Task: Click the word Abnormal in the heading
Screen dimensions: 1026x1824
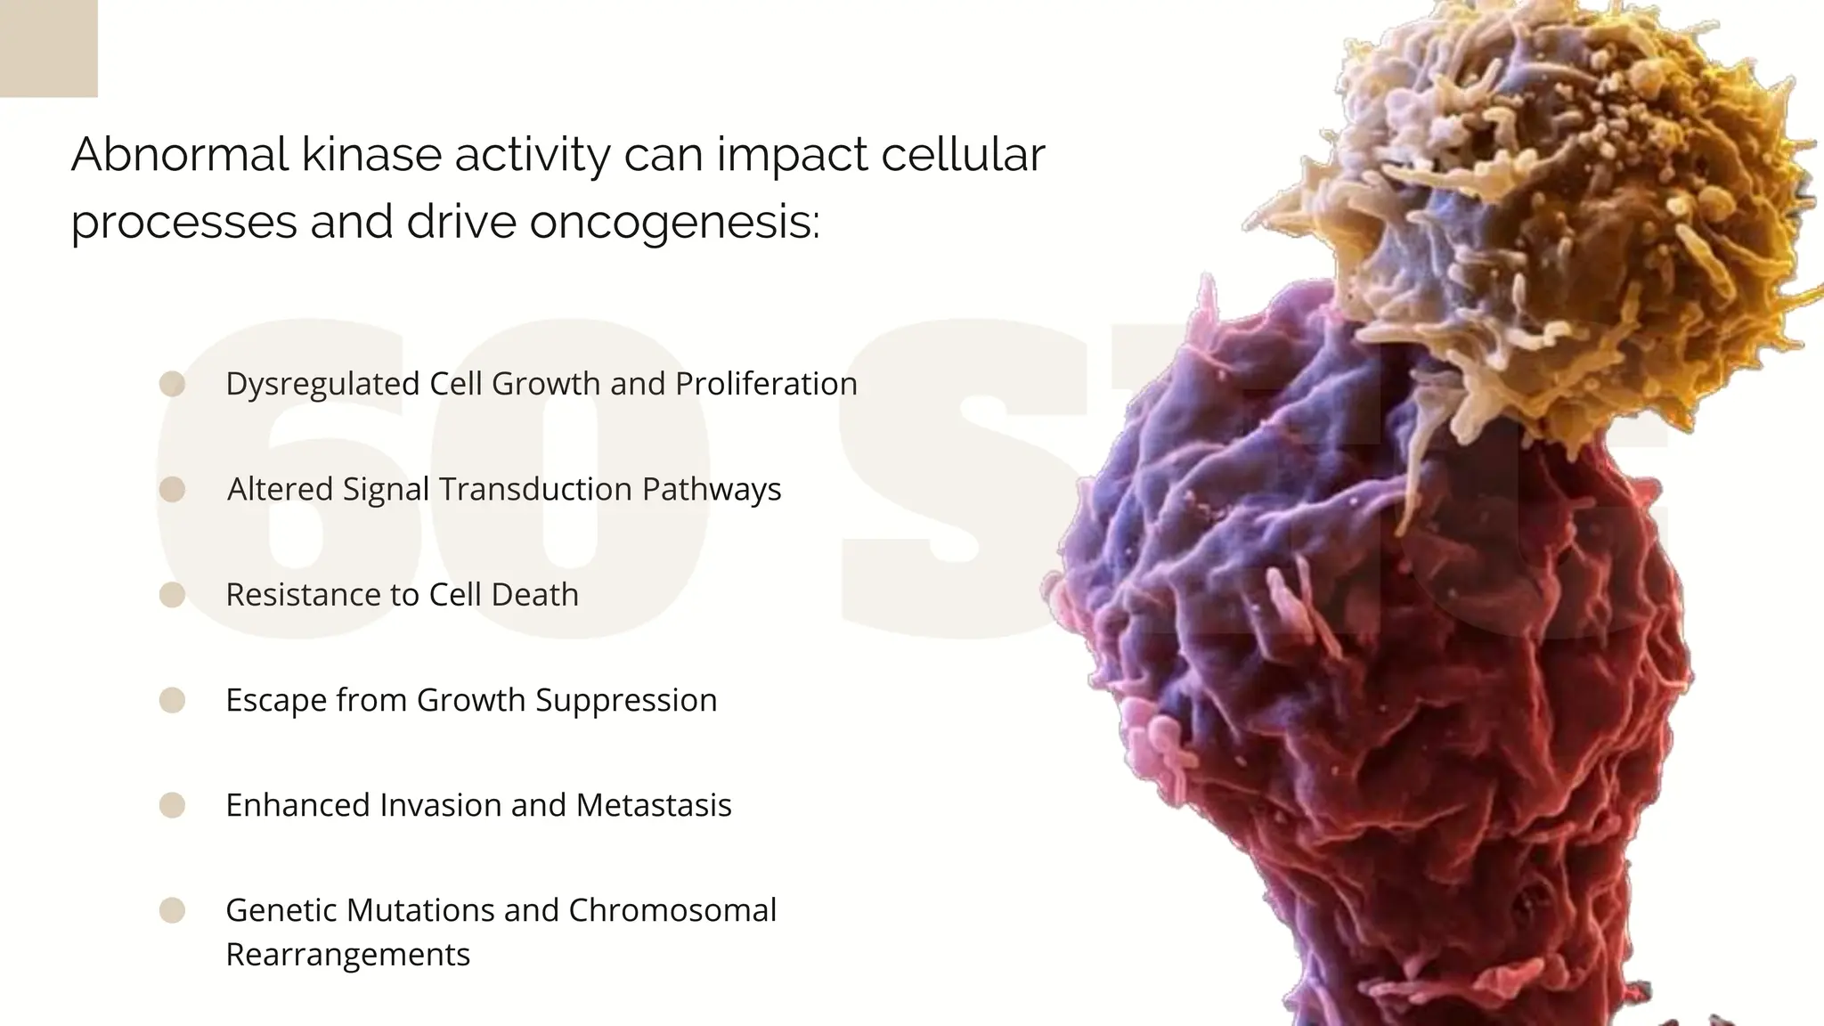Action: click(x=179, y=155)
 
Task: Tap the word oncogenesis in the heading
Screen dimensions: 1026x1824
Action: click(x=673, y=222)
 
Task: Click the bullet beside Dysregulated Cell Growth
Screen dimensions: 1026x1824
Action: click(x=172, y=384)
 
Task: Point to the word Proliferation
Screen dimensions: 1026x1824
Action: click(x=766, y=384)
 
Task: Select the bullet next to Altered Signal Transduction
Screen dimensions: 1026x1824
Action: click(x=172, y=489)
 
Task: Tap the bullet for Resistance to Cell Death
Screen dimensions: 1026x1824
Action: click(x=172, y=595)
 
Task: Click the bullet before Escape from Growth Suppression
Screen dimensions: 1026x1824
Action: click(x=172, y=700)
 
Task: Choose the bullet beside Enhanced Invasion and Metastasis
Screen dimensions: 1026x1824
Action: click(x=172, y=805)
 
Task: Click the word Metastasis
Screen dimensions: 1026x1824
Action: click(x=654, y=805)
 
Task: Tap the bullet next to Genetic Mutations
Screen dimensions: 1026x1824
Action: click(x=172, y=910)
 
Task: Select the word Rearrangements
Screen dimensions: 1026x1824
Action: click(x=347, y=955)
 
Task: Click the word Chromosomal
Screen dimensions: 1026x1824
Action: click(x=672, y=910)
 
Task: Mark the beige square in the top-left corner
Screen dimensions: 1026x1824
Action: click(x=48, y=48)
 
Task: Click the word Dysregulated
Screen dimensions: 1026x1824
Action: click(x=322, y=384)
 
